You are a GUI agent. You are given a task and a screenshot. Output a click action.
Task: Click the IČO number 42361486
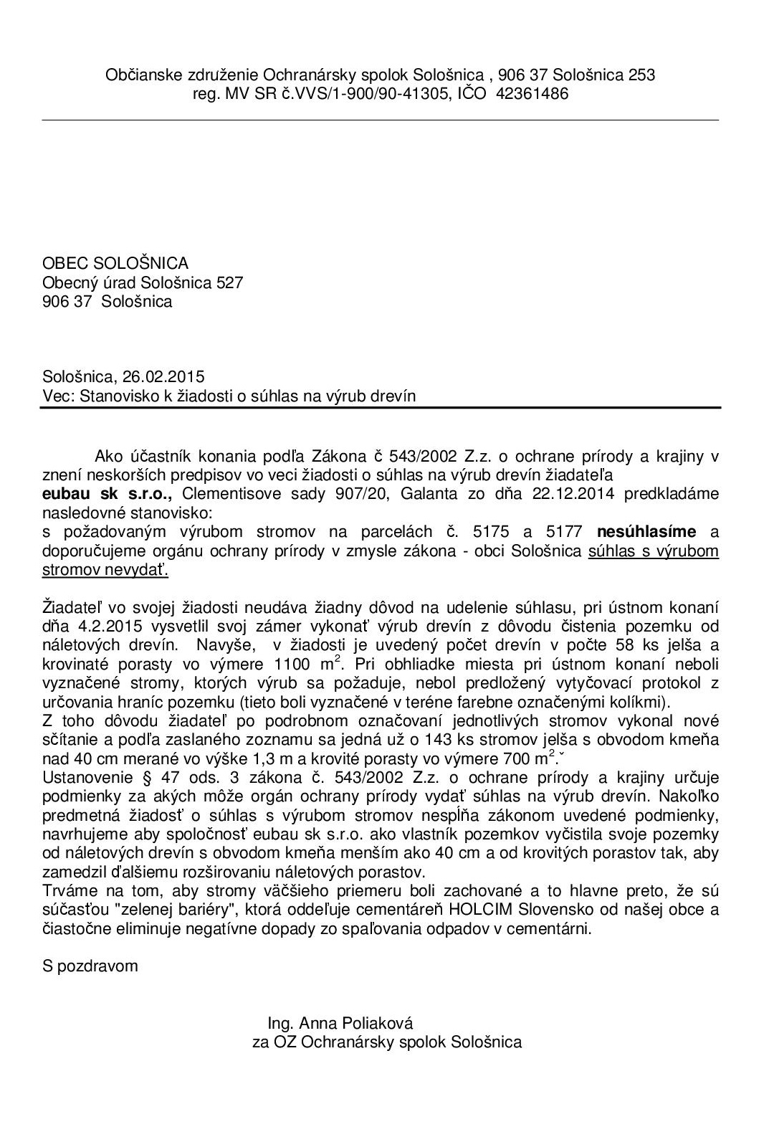click(531, 93)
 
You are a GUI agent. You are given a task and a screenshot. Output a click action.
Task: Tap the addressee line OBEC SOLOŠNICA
click(115, 264)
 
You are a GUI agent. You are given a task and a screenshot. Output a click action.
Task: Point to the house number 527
click(229, 282)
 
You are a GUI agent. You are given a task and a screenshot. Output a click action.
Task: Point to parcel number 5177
click(563, 532)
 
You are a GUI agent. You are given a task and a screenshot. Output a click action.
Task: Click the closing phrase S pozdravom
click(90, 966)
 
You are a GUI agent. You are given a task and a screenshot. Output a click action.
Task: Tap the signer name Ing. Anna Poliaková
click(340, 1023)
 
